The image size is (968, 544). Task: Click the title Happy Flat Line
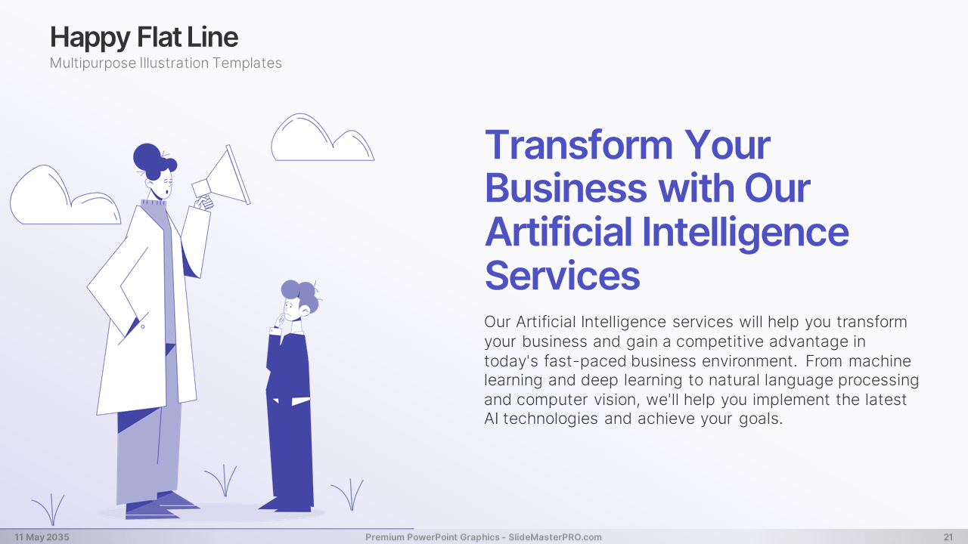(x=144, y=38)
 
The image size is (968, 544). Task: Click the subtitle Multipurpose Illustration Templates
(x=166, y=63)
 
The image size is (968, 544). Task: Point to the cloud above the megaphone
(x=322, y=138)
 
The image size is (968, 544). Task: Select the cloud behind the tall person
(x=65, y=196)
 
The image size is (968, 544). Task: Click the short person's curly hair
(x=300, y=294)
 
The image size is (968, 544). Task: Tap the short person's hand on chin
(x=280, y=320)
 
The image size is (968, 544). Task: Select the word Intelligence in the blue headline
(x=746, y=233)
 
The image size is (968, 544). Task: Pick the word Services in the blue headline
(x=562, y=276)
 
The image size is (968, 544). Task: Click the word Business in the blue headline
(x=566, y=188)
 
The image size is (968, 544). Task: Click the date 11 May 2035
(x=42, y=537)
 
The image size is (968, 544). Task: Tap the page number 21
(x=948, y=537)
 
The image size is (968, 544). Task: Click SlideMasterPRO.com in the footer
(x=555, y=537)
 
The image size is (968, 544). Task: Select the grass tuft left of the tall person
(x=50, y=509)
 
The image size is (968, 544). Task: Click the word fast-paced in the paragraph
(x=585, y=361)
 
